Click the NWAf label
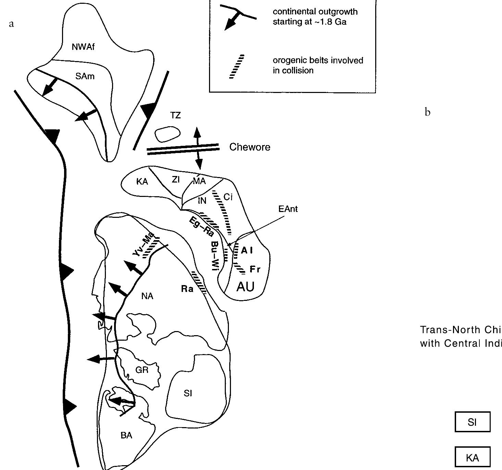[x=83, y=47]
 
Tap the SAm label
[x=85, y=77]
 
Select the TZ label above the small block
[x=175, y=116]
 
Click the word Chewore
[x=249, y=147]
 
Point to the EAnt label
[x=288, y=209]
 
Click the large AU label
[x=245, y=286]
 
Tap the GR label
[x=142, y=370]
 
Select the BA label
[x=126, y=435]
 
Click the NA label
[x=147, y=296]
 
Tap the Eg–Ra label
[x=201, y=227]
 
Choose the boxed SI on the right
[x=472, y=422]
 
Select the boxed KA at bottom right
[x=472, y=458]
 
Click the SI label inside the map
[x=188, y=393]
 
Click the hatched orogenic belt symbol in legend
[x=237, y=67]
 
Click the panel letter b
[x=427, y=112]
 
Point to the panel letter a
[x=12, y=24]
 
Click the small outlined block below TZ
[x=167, y=134]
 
